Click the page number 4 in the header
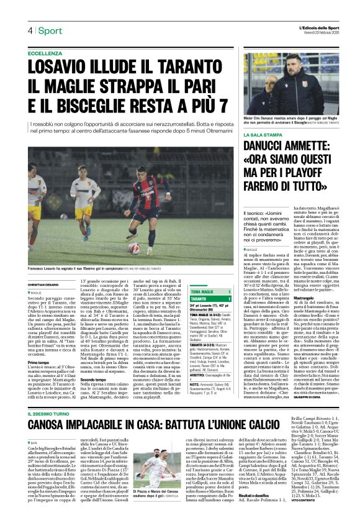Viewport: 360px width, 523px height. [29, 30]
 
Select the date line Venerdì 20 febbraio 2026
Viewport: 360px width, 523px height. [319, 34]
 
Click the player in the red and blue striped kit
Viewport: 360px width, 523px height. [148, 205]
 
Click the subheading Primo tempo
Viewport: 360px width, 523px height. [38, 362]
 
